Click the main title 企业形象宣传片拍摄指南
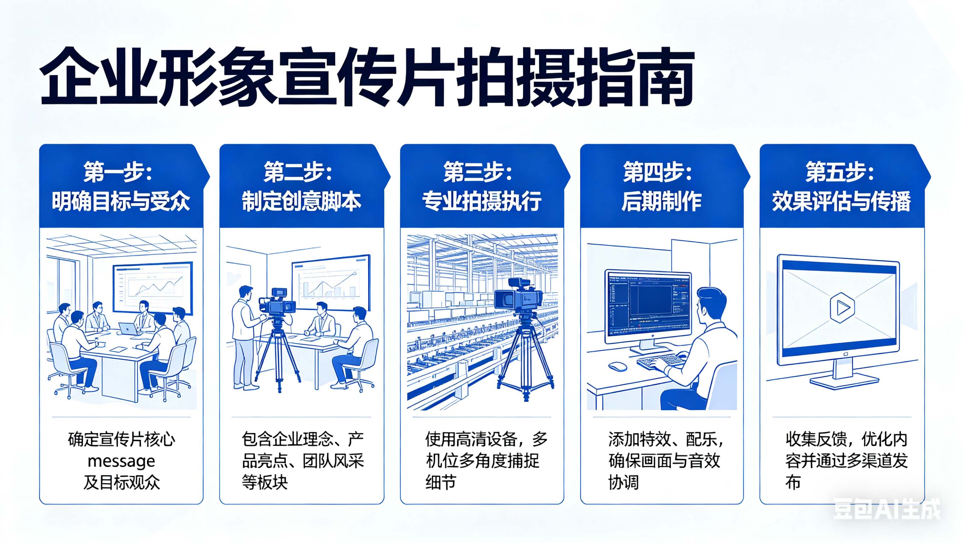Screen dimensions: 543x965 pos(366,77)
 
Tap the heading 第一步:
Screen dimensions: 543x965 pos(117,172)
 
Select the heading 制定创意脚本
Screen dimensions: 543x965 pos(301,201)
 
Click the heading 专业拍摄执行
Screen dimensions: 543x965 pos(482,201)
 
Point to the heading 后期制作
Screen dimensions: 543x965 pos(661,201)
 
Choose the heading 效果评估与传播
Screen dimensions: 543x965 pos(841,201)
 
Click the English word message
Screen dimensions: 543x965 pos(121,461)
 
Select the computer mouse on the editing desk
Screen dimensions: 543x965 pos(617,366)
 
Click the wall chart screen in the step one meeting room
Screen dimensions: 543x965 pos(153,287)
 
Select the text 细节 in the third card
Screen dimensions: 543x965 pos(440,482)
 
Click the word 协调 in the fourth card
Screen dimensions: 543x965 pos(623,482)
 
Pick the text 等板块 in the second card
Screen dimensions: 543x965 pos(264,482)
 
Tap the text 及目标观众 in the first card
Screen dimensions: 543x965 pos(121,482)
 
